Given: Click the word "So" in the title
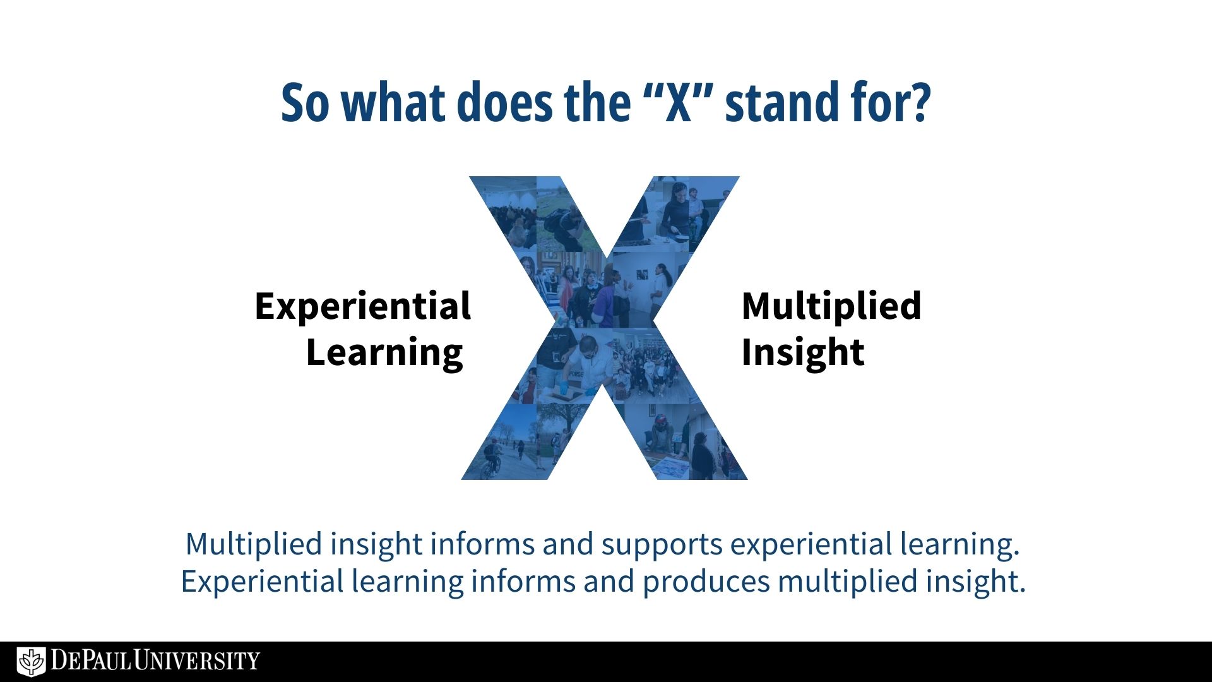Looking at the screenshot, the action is [x=305, y=102].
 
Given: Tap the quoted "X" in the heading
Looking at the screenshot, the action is [x=679, y=102].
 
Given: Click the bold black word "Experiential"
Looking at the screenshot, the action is [x=363, y=308].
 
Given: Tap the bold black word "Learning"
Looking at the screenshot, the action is [x=384, y=353].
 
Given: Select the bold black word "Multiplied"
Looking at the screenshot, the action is [x=831, y=306].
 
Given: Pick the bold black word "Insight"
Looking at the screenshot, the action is [x=803, y=352].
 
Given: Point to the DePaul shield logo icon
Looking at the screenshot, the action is [x=31, y=661].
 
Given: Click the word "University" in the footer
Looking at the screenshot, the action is [x=197, y=661].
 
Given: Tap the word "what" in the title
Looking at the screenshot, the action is [x=393, y=102].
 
